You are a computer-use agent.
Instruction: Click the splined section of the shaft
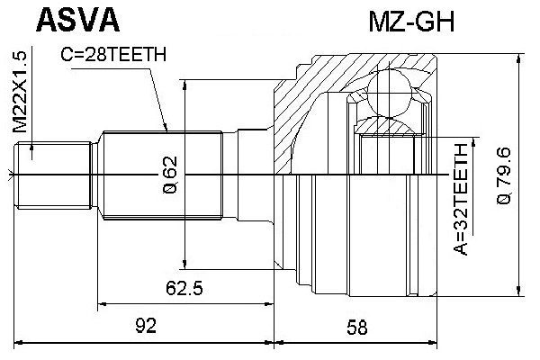(x=162, y=174)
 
